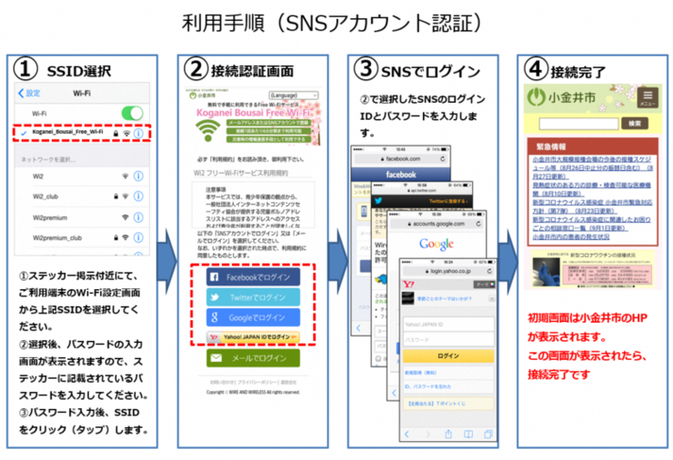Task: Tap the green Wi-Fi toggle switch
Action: tap(133, 113)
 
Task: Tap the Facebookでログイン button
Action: tap(249, 275)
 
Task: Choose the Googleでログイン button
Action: tap(249, 317)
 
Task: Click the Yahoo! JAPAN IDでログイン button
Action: tap(251, 337)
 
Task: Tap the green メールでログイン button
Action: tap(249, 359)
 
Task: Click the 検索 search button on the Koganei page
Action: tap(632, 123)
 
